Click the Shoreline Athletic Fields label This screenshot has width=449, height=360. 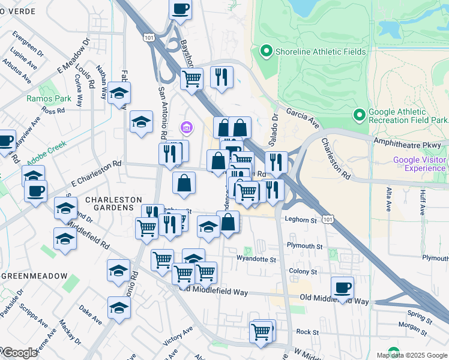(x=320, y=52)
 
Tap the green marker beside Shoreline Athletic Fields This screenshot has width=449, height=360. (x=265, y=52)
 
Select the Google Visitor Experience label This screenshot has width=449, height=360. (x=420, y=164)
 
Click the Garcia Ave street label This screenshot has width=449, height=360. (x=302, y=117)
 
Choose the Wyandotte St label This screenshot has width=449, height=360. (x=256, y=260)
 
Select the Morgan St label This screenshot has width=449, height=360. (x=412, y=326)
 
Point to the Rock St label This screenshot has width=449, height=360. (x=307, y=331)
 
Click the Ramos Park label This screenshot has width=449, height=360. (x=41, y=98)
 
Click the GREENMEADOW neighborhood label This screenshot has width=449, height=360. (x=34, y=275)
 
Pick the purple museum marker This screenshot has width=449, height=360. (x=186, y=127)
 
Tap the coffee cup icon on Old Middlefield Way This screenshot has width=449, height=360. (x=342, y=287)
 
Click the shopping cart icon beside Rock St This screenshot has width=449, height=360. (x=261, y=331)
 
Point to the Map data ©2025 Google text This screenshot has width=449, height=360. (x=411, y=355)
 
